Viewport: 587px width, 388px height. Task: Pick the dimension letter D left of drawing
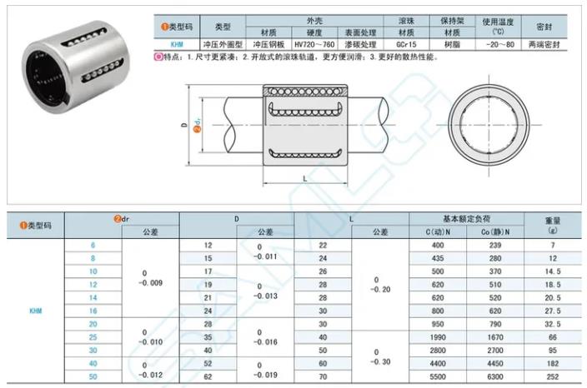click(183, 126)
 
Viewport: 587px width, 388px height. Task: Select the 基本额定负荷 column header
click(466, 218)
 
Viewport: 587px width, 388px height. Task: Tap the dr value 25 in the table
click(93, 337)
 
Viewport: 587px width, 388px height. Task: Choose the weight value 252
click(554, 377)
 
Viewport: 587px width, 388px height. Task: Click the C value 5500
click(438, 377)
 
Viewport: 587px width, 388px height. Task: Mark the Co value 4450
click(494, 364)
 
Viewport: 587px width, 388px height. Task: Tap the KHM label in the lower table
click(36, 311)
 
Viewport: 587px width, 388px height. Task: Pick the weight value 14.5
click(554, 271)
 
